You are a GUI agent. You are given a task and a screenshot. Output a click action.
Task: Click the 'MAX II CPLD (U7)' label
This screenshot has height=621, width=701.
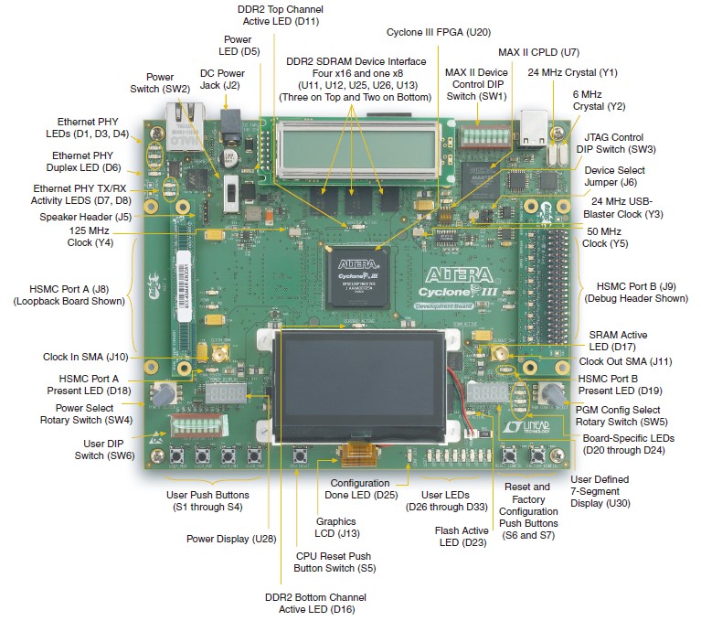click(x=538, y=52)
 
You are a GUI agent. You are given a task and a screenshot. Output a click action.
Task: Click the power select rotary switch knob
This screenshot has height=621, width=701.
click(x=164, y=394)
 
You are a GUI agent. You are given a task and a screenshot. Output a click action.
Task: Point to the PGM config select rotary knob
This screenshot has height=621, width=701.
click(x=553, y=394)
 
